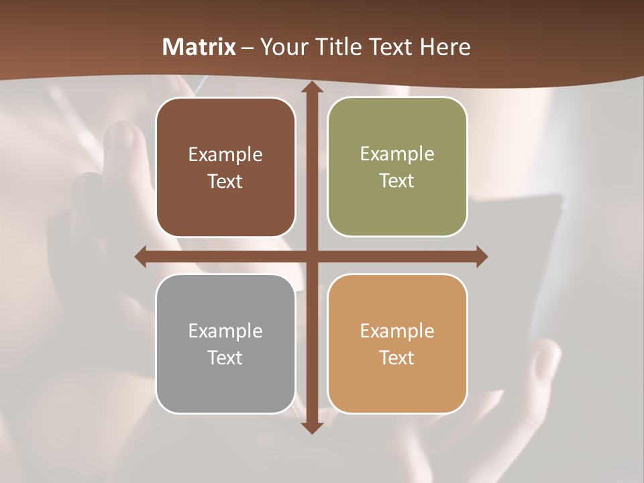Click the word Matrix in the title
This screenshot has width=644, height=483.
point(199,47)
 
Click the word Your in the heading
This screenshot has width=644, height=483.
point(282,47)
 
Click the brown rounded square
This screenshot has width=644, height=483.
point(225,208)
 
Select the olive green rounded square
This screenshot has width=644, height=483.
point(397,208)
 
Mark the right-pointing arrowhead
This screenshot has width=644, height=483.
point(481,257)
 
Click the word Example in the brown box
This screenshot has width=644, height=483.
point(225,155)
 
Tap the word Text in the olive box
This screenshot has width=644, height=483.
point(396,181)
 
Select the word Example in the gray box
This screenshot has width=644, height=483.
point(225,331)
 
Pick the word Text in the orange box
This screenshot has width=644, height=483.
point(396,358)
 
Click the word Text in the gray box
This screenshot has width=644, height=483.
point(225,358)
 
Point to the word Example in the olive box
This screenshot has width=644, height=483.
point(397,154)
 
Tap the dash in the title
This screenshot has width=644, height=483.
point(248,48)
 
